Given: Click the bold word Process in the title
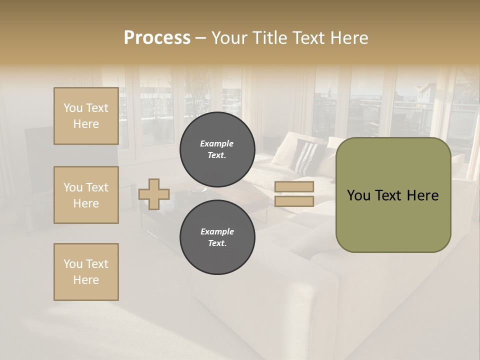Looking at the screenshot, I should tap(157, 38).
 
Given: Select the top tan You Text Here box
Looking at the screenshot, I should tap(86, 116).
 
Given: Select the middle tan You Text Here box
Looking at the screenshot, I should tap(86, 195).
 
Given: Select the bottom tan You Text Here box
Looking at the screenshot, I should tap(86, 272).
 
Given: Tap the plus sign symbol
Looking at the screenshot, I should tap(154, 194).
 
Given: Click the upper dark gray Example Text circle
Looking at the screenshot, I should tap(217, 149).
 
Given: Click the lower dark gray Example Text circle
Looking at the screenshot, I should tap(217, 237).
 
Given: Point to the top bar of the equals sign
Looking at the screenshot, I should tap(294, 187).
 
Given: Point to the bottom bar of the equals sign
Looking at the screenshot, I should tap(294, 201).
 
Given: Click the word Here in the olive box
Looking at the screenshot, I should tap(422, 195).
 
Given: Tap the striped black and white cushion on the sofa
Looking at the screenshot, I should tap(304, 156).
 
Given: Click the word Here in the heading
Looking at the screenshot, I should tap(348, 38).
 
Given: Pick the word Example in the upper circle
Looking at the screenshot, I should tap(216, 143).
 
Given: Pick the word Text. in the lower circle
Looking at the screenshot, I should tap(217, 243).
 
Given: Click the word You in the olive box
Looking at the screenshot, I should tap(358, 195).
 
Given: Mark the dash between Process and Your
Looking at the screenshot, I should tap(200, 38).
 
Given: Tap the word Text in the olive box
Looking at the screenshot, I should tap(388, 195).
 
